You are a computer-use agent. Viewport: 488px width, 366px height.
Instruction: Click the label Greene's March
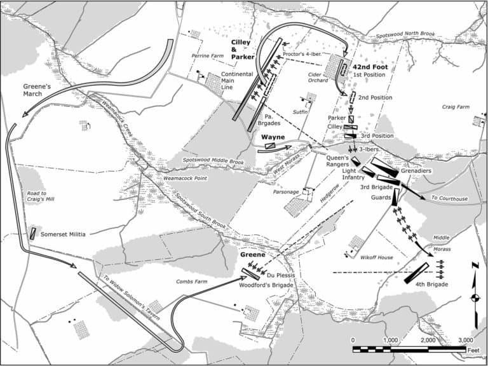tap(24, 89)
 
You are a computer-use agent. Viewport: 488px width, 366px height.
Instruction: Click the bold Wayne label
tap(273, 137)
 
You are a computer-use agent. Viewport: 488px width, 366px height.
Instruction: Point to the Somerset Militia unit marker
tap(32, 233)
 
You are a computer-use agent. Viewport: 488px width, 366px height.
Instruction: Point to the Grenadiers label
tap(416, 172)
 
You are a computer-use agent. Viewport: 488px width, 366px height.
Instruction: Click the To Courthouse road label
tap(449, 199)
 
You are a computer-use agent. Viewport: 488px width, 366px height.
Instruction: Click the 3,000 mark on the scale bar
tap(465, 340)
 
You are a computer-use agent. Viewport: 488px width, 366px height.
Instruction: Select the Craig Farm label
tap(455, 107)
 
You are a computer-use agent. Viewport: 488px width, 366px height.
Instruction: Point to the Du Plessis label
tap(279, 275)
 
